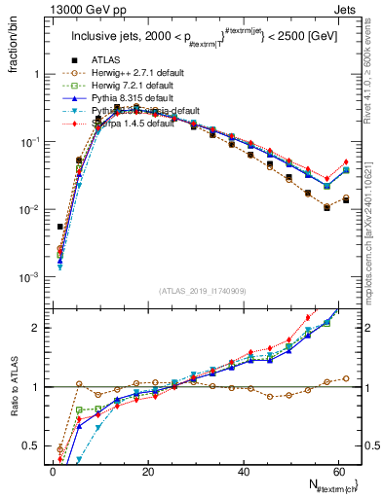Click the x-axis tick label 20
coord(147,471)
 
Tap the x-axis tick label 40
coord(242,471)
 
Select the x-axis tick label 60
coord(336,471)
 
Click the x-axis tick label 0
coord(53,471)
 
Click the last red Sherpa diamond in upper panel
coord(346,162)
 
